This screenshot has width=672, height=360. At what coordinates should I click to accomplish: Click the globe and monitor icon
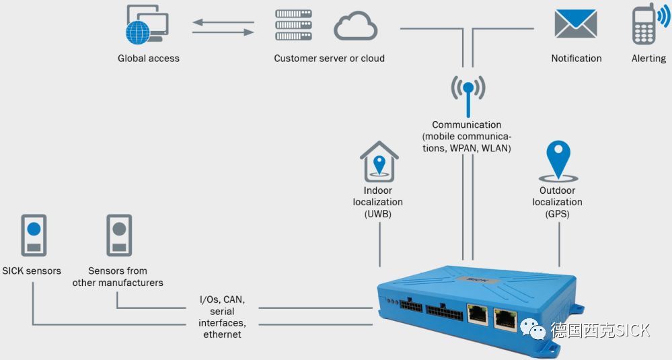click(147, 26)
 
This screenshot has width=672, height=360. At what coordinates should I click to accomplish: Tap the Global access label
click(149, 59)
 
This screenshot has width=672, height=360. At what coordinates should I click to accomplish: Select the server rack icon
click(294, 26)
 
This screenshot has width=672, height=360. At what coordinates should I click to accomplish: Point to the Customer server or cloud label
click(329, 59)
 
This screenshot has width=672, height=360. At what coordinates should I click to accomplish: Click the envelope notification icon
click(576, 24)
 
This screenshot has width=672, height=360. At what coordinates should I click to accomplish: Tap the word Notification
click(576, 59)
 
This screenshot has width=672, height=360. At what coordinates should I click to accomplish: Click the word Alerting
click(648, 59)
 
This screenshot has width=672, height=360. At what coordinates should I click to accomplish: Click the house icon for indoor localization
click(379, 161)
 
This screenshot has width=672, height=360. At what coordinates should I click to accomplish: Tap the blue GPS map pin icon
click(558, 159)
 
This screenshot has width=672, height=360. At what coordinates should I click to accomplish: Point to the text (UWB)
click(378, 214)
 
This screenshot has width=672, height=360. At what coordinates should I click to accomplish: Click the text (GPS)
click(558, 214)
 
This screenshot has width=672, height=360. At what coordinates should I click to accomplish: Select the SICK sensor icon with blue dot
click(34, 235)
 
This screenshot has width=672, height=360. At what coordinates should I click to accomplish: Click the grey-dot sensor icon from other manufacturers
click(119, 235)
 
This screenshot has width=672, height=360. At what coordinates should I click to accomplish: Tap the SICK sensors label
click(32, 271)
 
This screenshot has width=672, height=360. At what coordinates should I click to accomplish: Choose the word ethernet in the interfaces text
click(222, 334)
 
